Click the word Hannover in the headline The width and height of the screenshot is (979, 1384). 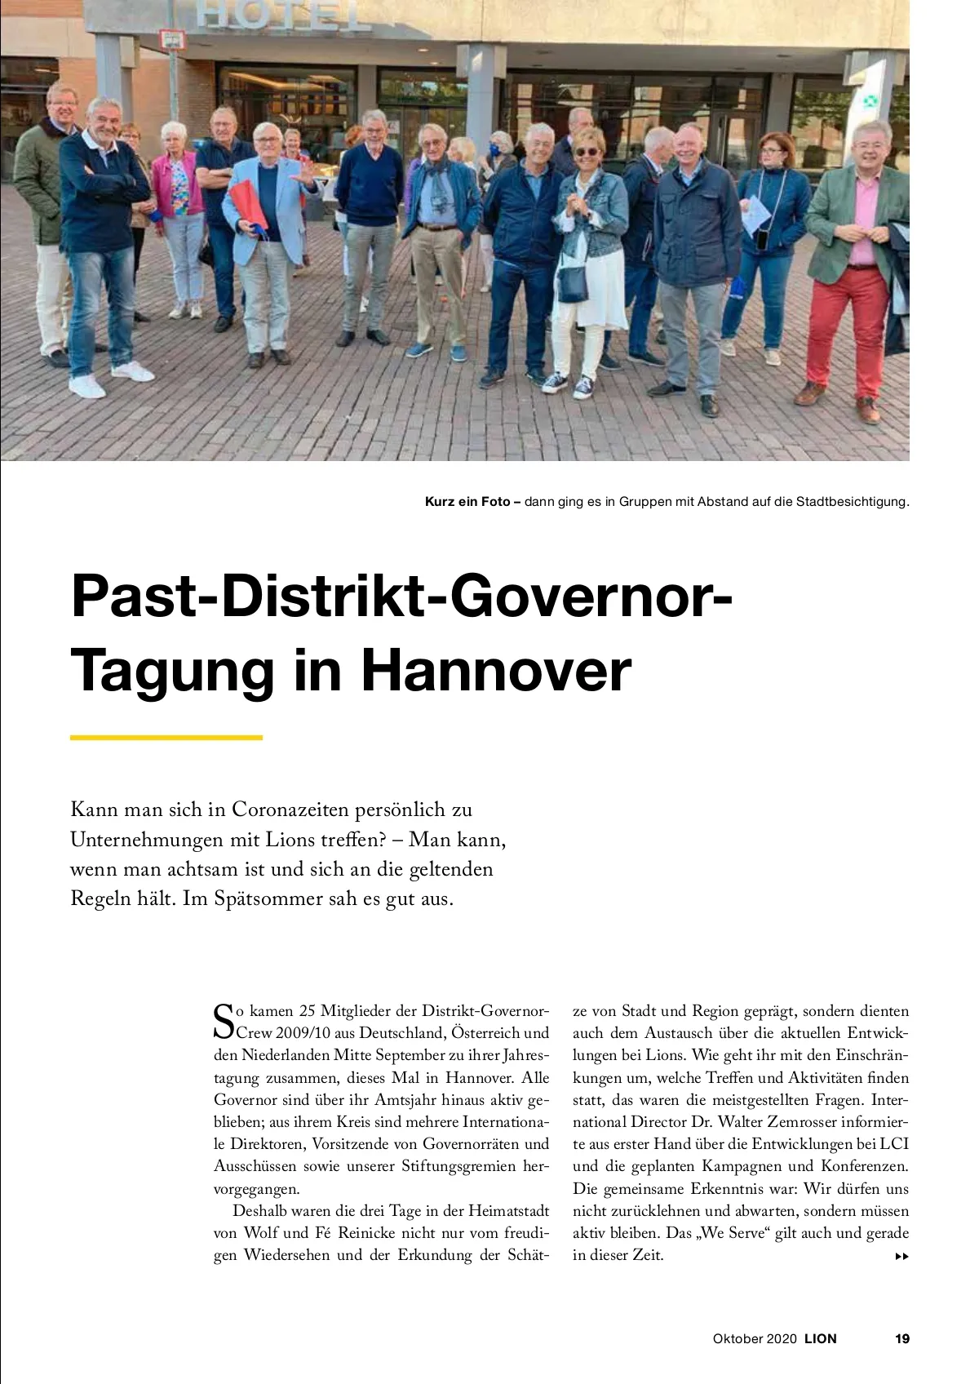point(496,671)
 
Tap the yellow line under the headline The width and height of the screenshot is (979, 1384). point(166,738)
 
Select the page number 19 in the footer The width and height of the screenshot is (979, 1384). point(901,1338)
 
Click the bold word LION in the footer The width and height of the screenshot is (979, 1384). point(821,1338)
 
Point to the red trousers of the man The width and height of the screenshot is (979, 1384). point(844,326)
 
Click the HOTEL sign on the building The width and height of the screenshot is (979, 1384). point(283,16)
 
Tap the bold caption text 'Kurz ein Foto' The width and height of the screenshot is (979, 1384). point(467,501)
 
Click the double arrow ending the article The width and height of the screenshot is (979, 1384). point(901,1256)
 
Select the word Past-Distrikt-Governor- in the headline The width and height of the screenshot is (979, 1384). point(402,597)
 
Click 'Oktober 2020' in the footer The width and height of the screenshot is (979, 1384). point(754,1338)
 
